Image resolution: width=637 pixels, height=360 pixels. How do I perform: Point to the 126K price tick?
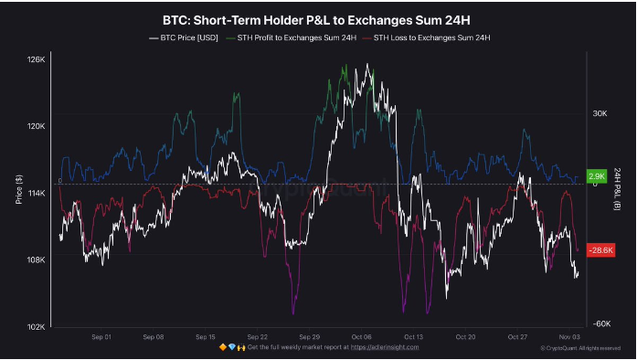click(37, 60)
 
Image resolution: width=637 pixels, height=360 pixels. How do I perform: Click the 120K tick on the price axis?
click(37, 127)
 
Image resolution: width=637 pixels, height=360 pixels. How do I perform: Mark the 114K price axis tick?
click(37, 194)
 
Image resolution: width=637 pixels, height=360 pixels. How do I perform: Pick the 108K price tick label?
click(37, 260)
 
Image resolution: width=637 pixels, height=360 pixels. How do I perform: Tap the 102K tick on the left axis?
click(37, 327)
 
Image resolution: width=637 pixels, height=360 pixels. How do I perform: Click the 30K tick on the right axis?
click(600, 114)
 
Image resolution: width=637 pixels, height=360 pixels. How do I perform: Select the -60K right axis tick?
click(600, 323)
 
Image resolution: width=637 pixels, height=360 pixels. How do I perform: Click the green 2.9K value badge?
click(597, 176)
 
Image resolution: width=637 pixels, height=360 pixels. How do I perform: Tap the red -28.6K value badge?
click(600, 250)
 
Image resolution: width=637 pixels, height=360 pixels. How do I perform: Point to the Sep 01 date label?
click(102, 336)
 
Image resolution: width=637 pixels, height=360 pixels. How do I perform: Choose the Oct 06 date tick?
click(361, 336)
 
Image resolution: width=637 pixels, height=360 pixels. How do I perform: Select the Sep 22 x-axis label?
click(258, 336)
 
